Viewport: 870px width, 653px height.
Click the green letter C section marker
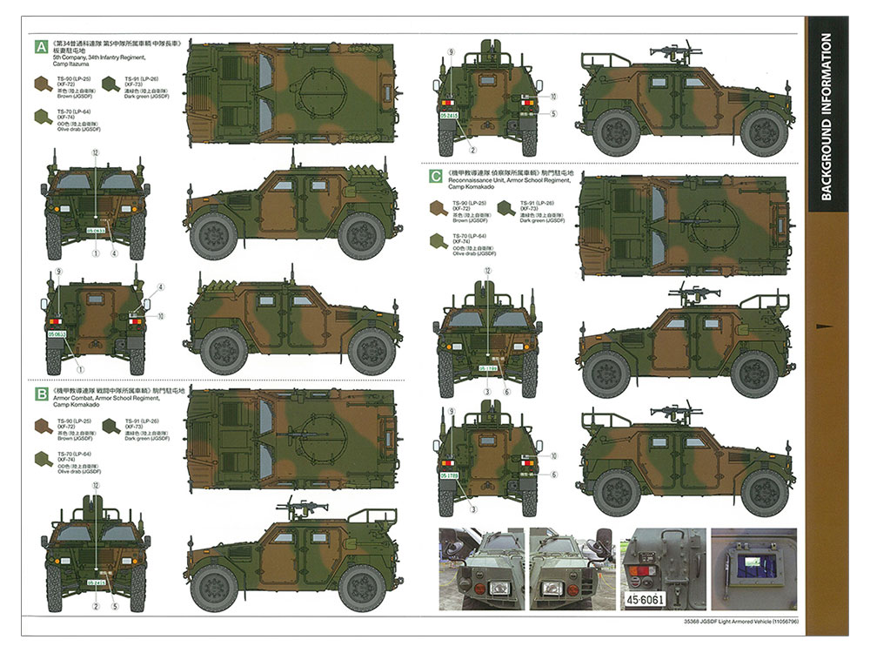[436, 176]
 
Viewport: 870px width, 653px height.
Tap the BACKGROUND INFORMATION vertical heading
[826, 117]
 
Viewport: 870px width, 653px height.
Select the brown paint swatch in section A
[42, 84]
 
